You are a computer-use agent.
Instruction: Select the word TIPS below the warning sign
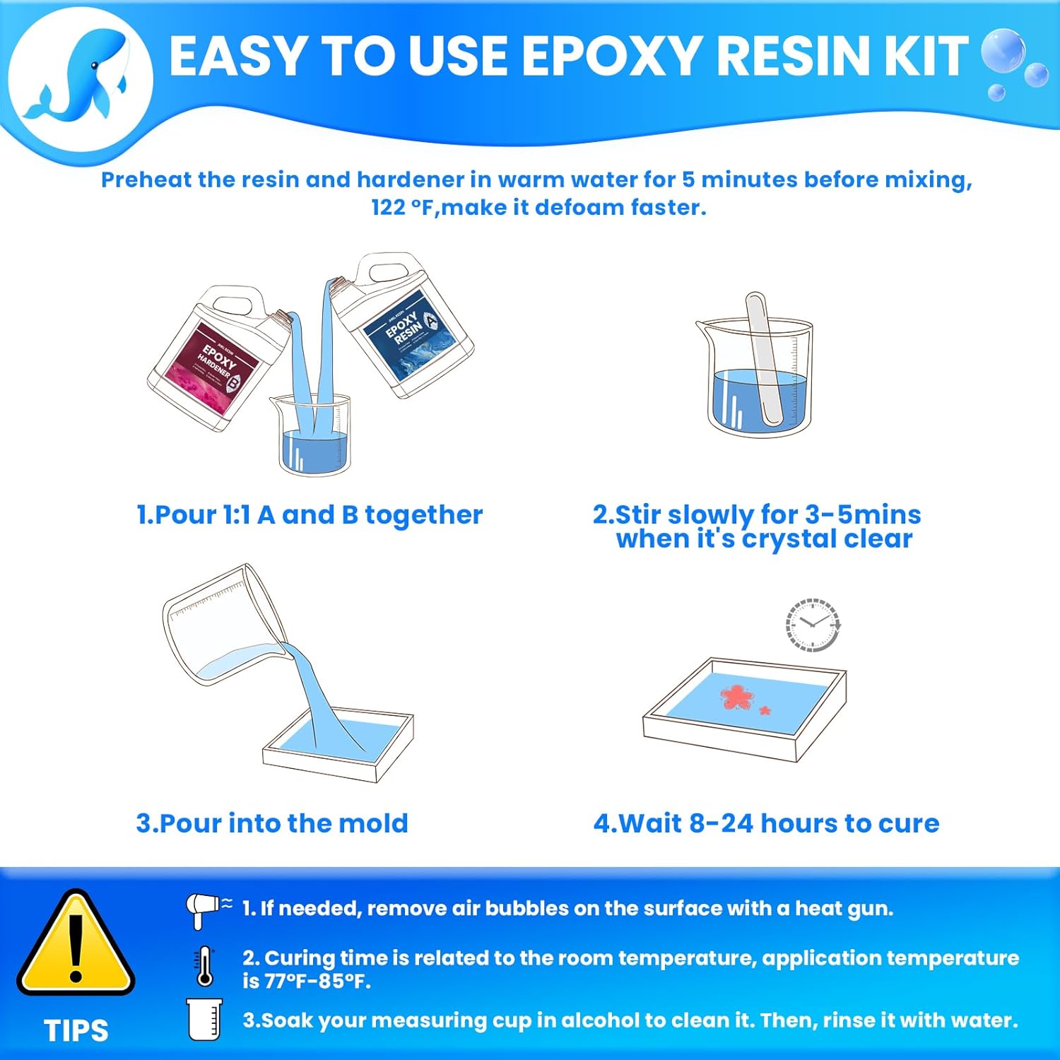tap(76, 1031)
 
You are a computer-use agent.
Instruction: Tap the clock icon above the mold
tap(813, 625)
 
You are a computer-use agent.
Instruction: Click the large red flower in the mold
tap(737, 697)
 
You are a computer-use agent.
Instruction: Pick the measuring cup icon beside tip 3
tap(205, 1020)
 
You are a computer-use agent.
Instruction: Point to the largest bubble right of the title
tap(1003, 49)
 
